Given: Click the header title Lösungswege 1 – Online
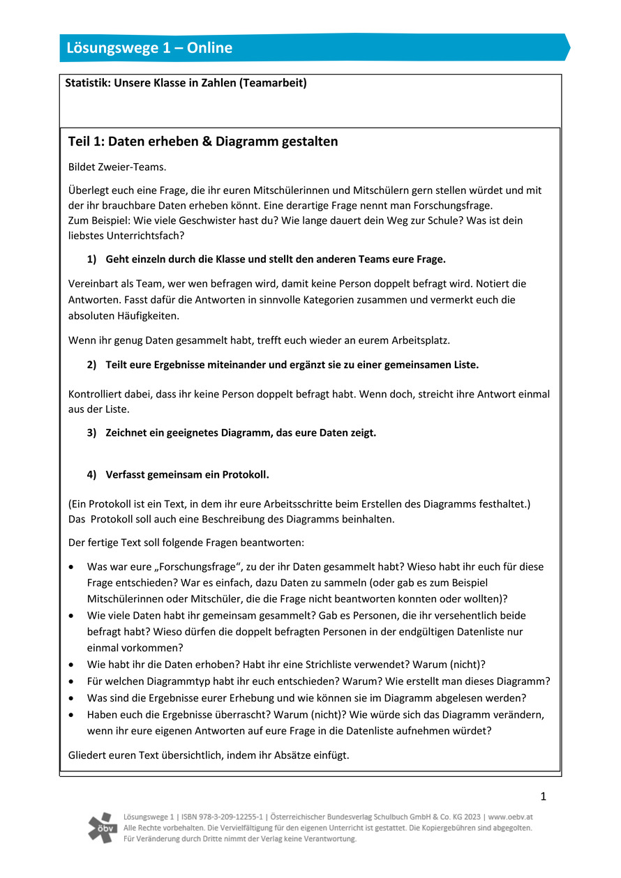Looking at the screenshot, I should point(149,48).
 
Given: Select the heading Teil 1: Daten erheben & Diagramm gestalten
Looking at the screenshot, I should point(203,142).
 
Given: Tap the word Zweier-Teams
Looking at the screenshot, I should point(137,167).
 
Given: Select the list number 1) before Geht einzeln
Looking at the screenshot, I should point(92,259).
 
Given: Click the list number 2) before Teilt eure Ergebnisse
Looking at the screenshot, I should point(92,365).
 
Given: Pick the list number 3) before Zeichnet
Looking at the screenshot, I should point(92,432).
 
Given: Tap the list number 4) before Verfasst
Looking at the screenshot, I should point(92,475).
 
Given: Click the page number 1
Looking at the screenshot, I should point(543,796).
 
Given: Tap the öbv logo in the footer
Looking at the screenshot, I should point(103,827).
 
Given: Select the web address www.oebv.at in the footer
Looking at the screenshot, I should point(511,817).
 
